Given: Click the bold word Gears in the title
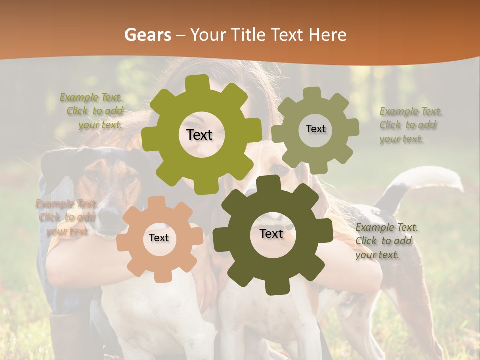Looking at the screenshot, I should pyautogui.click(x=147, y=35).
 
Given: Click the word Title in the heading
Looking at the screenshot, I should pyautogui.click(x=249, y=35).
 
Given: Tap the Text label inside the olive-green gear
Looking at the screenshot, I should pyautogui.click(x=199, y=135).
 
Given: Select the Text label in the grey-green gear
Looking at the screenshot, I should pyautogui.click(x=315, y=129).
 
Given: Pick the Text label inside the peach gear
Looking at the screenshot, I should pyautogui.click(x=158, y=238).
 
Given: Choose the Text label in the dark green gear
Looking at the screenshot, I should pyautogui.click(x=271, y=233).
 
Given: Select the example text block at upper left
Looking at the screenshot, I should pyautogui.click(x=93, y=111).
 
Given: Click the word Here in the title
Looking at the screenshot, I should pyautogui.click(x=327, y=35).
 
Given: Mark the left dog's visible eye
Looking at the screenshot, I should pyautogui.click(x=129, y=178).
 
